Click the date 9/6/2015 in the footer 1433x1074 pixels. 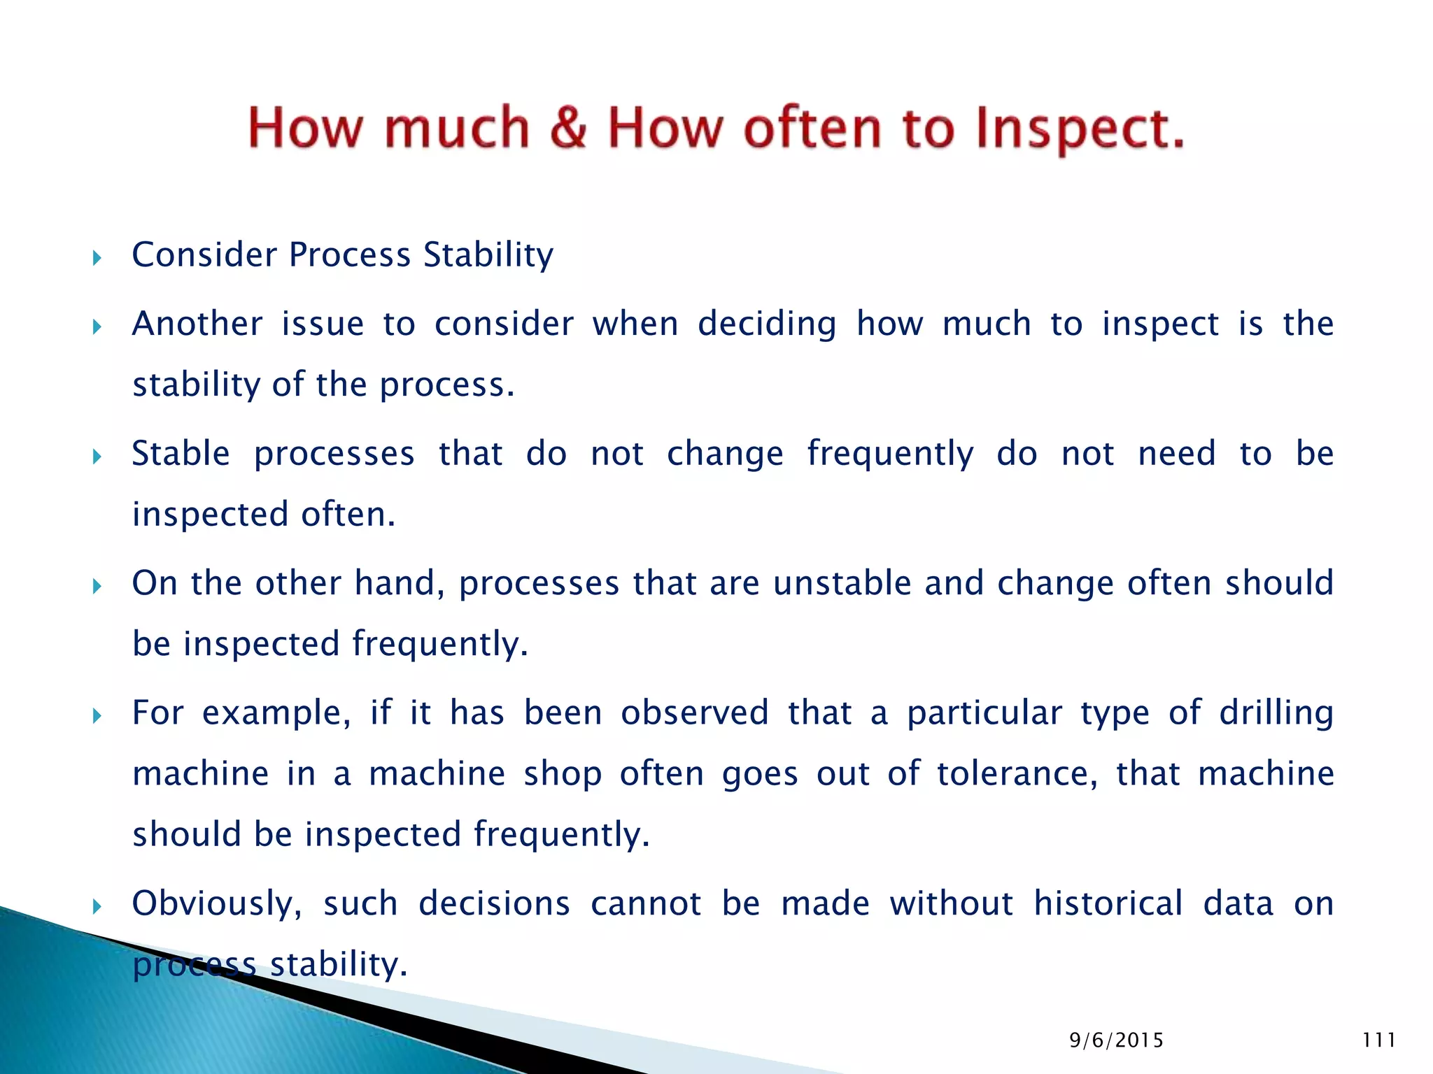pyautogui.click(x=1116, y=1040)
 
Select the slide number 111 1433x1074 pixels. pyautogui.click(x=1379, y=1040)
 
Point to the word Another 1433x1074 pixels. pyautogui.click(x=197, y=324)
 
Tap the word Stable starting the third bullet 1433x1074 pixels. pyautogui.click(x=181, y=454)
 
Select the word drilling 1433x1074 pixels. pyautogui.click(x=1276, y=714)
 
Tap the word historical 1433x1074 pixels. pyautogui.click(x=1108, y=903)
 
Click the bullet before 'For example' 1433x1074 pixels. pyautogui.click(x=97, y=716)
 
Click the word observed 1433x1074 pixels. pyautogui.click(x=694, y=713)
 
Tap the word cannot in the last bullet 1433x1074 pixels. pyautogui.click(x=646, y=903)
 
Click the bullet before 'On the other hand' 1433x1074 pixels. pyautogui.click(x=97, y=586)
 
